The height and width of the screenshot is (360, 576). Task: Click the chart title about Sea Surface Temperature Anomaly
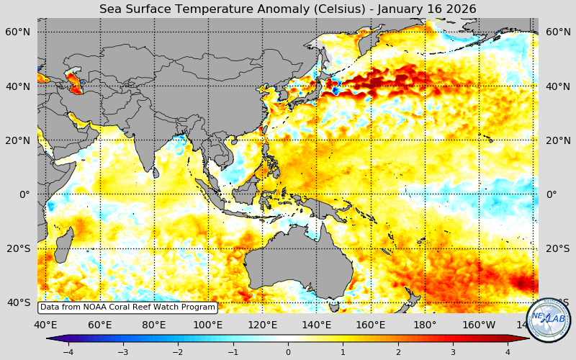click(x=287, y=9)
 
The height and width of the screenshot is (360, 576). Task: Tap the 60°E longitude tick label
click(x=100, y=325)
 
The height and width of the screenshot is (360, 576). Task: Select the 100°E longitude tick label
click(x=208, y=325)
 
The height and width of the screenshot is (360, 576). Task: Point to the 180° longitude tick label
click(x=425, y=325)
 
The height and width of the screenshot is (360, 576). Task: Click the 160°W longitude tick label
click(x=479, y=325)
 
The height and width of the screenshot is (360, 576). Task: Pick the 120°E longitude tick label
click(x=262, y=325)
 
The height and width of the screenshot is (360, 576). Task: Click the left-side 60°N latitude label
click(x=17, y=32)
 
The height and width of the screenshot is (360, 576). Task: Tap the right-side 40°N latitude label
click(x=559, y=86)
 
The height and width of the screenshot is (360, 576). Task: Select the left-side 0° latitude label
click(x=24, y=194)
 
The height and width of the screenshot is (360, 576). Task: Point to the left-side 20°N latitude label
click(x=17, y=140)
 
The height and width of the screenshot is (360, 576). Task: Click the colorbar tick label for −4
click(x=68, y=352)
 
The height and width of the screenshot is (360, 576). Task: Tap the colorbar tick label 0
click(x=288, y=352)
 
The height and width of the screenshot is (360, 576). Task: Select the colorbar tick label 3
click(x=453, y=352)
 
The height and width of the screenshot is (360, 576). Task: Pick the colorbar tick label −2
click(x=177, y=352)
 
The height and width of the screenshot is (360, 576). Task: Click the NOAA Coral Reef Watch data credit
click(x=127, y=307)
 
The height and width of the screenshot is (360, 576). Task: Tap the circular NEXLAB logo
click(x=549, y=319)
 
